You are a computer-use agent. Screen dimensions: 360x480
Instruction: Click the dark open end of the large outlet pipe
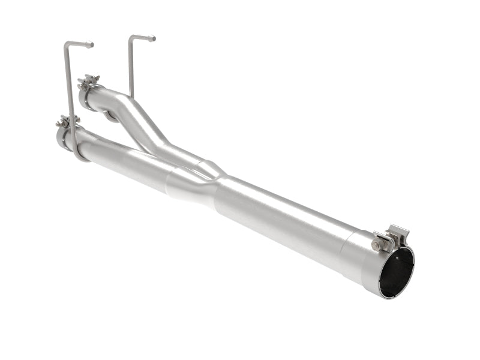(397, 271)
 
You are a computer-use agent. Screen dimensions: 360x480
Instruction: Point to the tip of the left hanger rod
(91, 44)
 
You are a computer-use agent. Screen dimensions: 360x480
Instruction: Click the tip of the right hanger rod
(153, 39)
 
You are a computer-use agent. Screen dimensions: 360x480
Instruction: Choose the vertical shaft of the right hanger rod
(130, 66)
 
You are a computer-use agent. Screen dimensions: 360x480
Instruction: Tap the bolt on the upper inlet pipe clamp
(89, 80)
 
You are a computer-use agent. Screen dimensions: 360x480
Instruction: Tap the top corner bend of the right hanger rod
(130, 38)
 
